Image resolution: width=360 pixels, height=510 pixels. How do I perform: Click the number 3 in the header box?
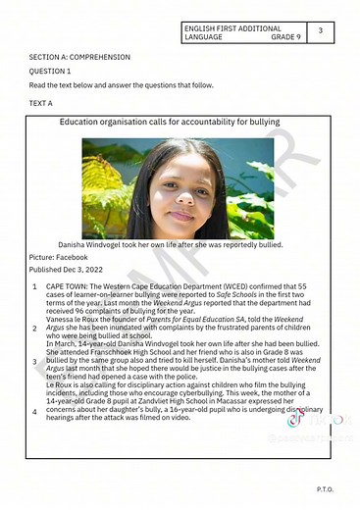point(321,31)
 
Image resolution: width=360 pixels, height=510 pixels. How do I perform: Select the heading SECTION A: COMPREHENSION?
point(73,58)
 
